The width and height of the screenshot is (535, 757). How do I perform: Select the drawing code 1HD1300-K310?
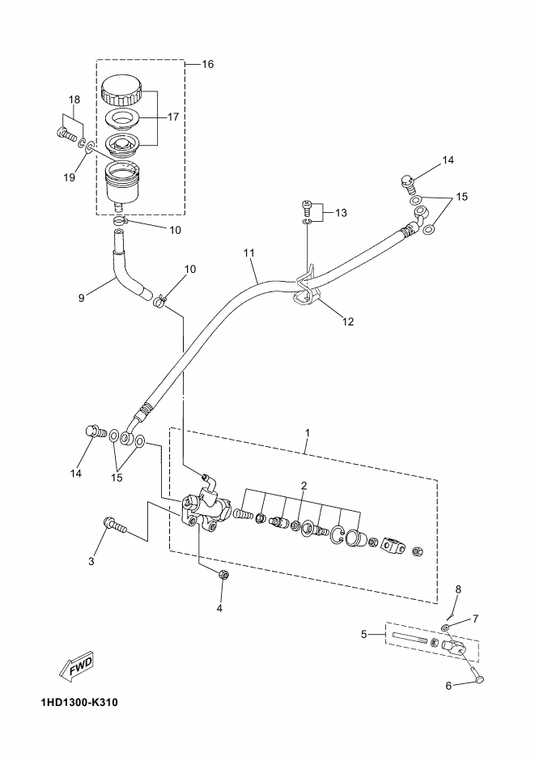79,702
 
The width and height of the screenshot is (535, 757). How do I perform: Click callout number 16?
207,64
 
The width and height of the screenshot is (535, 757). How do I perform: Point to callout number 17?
173,117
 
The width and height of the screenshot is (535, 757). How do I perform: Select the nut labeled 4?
223,575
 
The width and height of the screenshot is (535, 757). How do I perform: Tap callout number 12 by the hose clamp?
348,321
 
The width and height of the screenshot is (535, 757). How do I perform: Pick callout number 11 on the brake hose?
249,253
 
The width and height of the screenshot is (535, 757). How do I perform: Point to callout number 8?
458,589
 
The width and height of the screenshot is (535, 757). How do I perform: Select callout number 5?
364,635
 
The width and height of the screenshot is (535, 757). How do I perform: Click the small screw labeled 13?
307,206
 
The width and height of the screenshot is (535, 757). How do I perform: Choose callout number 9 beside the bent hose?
81,299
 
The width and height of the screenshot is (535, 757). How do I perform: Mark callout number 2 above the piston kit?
304,485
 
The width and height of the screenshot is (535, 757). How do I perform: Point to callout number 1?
308,432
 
